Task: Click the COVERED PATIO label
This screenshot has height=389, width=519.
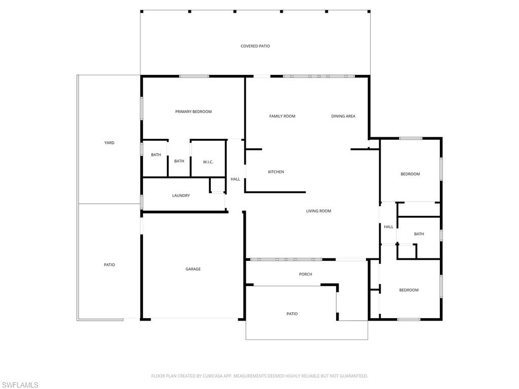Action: [255, 46]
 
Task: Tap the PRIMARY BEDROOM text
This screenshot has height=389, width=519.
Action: [193, 111]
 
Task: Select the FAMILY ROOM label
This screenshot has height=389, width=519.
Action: [282, 116]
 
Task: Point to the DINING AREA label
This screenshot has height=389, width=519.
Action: [343, 116]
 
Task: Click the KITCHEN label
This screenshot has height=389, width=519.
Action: [276, 172]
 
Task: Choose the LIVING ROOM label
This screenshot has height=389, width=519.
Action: [318, 211]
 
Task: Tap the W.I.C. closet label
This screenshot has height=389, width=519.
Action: [208, 162]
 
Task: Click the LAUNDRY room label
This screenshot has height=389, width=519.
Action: [181, 196]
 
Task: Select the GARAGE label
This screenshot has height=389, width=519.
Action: [193, 269]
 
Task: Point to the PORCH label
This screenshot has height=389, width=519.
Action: [305, 274]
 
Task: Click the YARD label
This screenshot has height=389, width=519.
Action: [109, 142]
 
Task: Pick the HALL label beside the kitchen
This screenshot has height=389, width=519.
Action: [235, 179]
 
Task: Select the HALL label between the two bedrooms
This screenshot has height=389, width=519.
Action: [389, 226]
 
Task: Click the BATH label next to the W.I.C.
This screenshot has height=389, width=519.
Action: [179, 161]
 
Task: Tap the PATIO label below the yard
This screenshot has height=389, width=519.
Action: [109, 264]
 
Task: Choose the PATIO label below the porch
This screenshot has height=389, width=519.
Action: [292, 314]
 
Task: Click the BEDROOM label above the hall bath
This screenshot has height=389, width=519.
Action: [410, 174]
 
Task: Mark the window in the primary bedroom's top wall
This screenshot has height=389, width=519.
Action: [194, 76]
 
